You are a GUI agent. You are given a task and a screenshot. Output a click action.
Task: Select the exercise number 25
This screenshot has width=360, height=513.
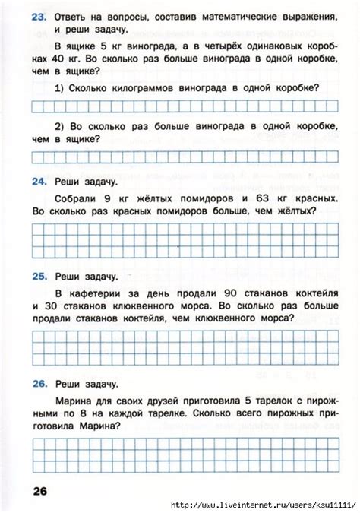pyautogui.click(x=40, y=274)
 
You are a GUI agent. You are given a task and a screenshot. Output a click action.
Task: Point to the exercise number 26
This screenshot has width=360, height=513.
pyautogui.click(x=40, y=385)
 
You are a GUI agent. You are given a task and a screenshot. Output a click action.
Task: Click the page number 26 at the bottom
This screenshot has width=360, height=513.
pyautogui.click(x=39, y=492)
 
